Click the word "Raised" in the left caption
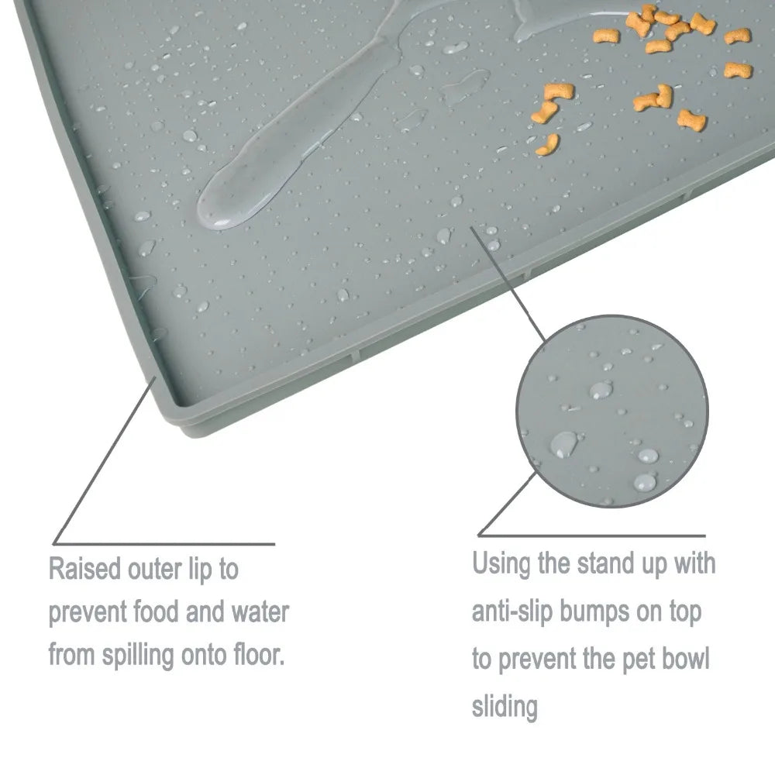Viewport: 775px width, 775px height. coord(84,569)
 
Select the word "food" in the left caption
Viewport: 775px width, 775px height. coord(155,612)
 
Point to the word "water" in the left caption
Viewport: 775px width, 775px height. coord(260,612)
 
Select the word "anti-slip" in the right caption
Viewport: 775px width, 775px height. coord(512,611)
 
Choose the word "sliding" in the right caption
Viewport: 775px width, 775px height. coord(505,706)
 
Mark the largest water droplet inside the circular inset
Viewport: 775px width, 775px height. coord(563,443)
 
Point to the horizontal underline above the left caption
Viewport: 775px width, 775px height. coord(164,544)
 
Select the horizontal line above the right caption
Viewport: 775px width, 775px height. coord(591,536)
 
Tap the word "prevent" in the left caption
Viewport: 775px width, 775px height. coord(87,613)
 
